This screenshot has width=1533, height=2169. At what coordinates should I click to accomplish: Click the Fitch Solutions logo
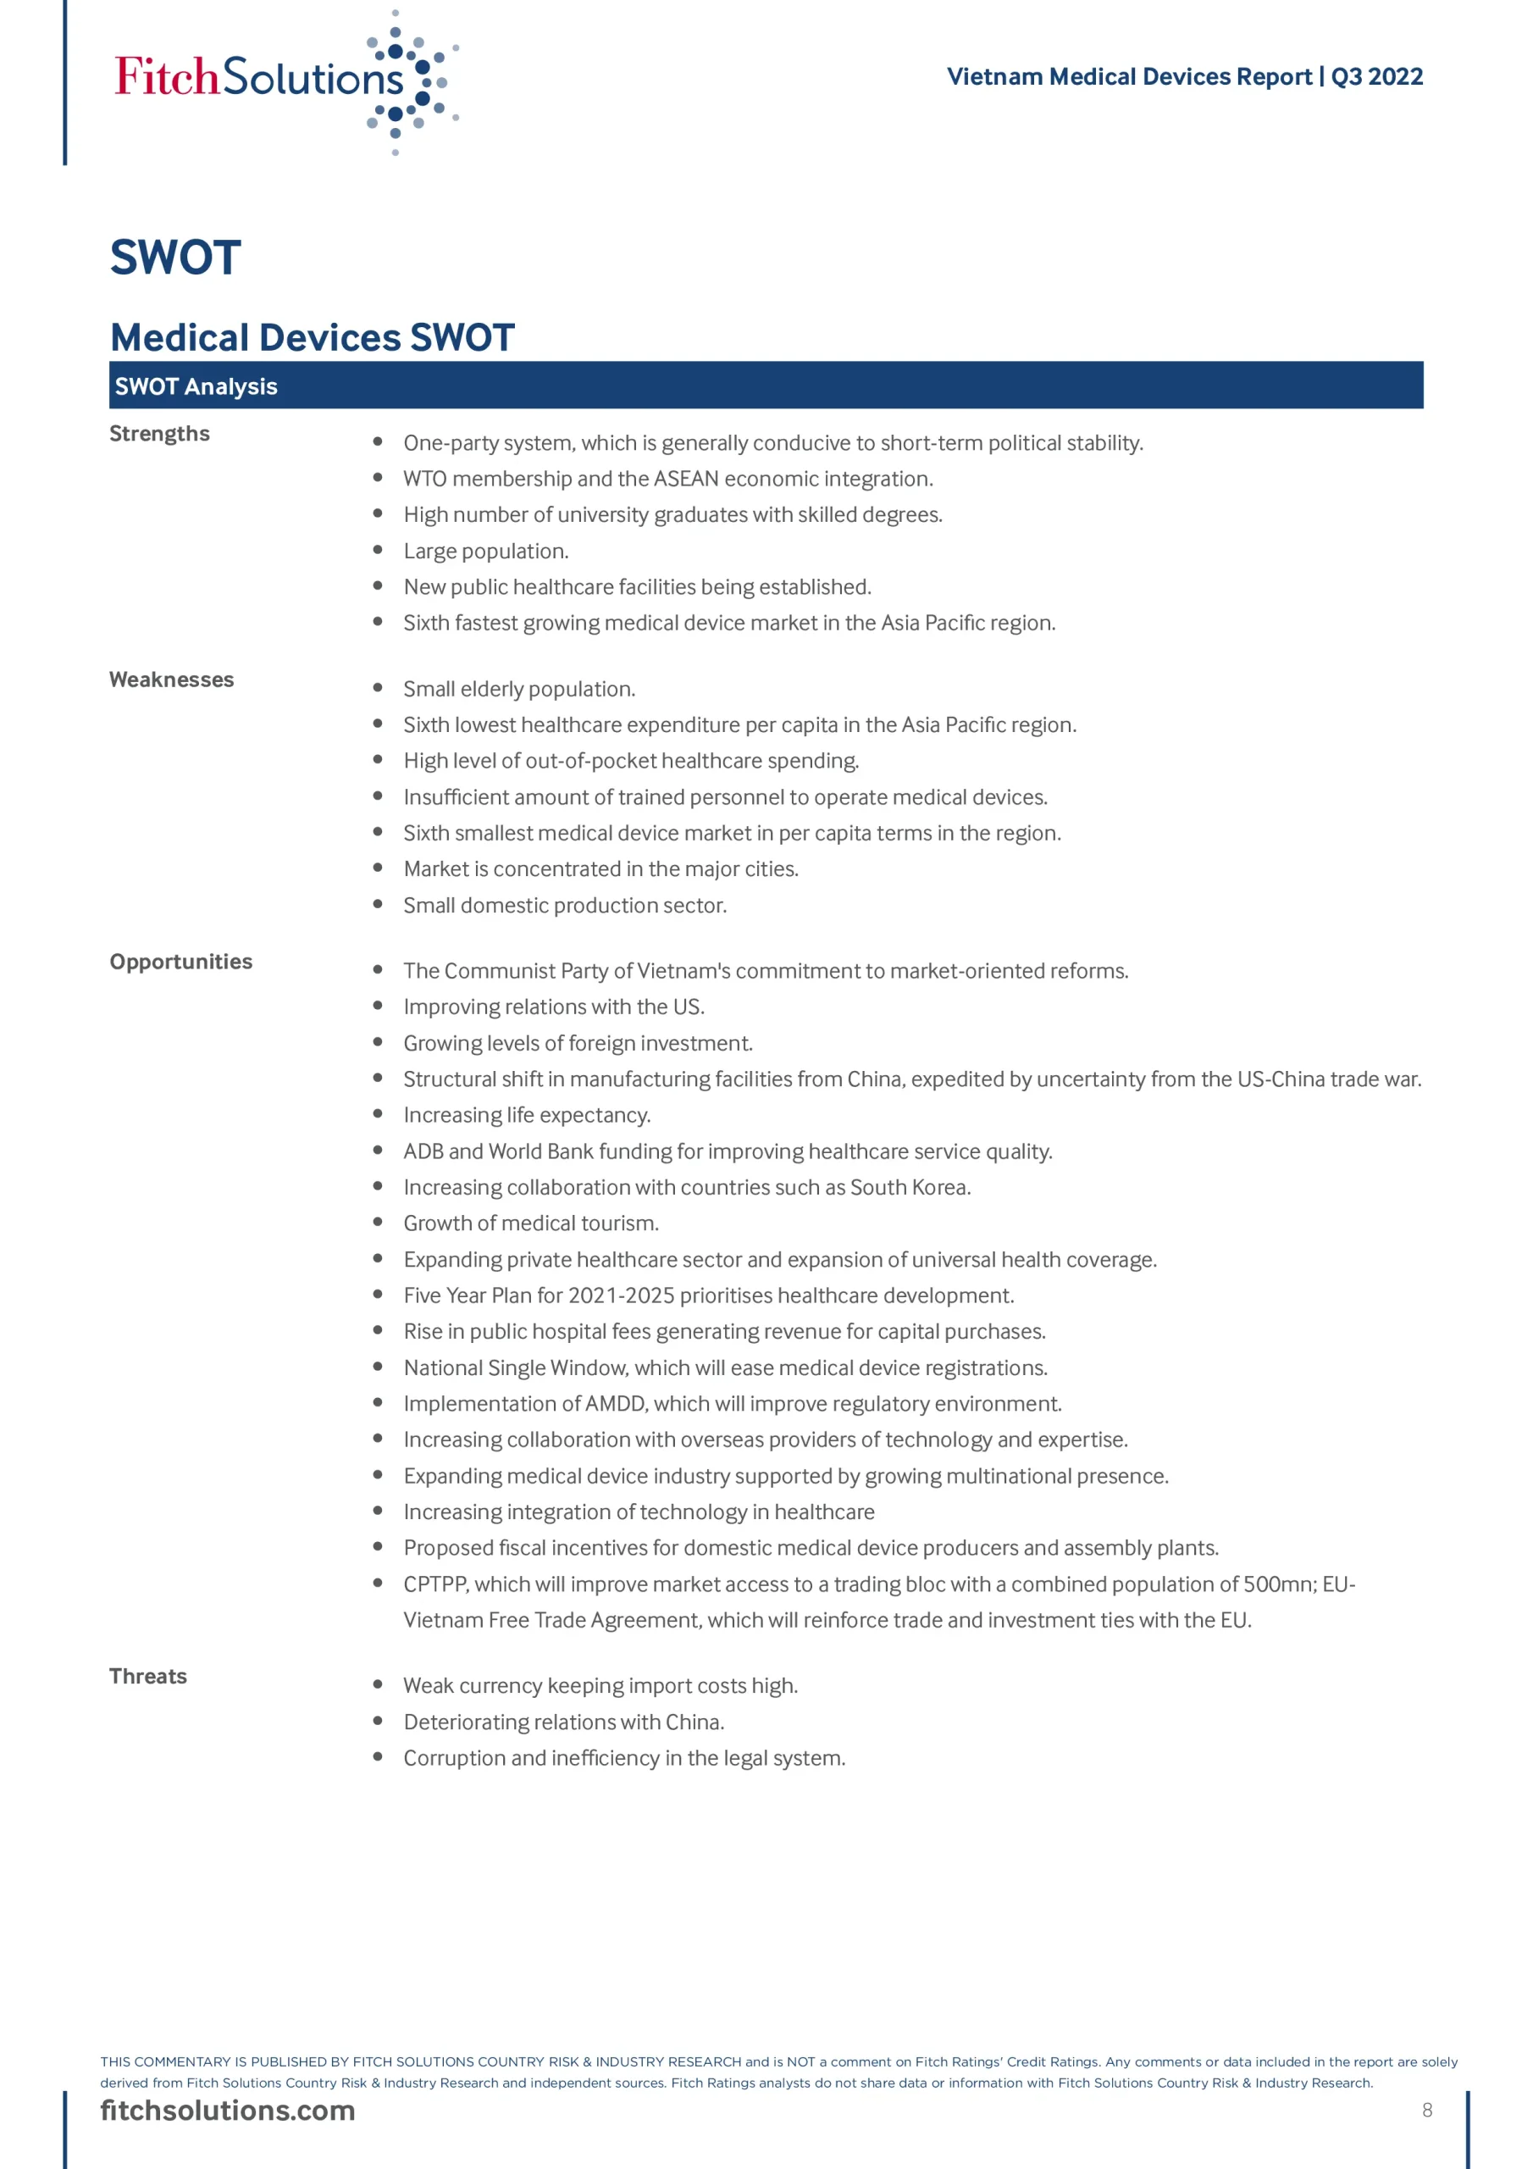pos(284,80)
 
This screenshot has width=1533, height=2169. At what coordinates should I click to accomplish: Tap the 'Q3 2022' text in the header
pos(1376,76)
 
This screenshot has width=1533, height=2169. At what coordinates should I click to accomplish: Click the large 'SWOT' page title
pos(175,258)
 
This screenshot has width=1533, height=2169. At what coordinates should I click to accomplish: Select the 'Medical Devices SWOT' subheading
pos(313,337)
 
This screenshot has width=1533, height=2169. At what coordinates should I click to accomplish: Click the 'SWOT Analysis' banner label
pos(196,386)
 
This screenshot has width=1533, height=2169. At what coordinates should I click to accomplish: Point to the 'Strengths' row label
pos(159,434)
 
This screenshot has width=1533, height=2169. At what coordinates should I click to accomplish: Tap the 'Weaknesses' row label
pos(171,680)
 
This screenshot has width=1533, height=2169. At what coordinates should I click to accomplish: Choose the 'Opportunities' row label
pos(180,961)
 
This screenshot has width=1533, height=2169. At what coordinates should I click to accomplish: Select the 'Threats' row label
pos(148,1676)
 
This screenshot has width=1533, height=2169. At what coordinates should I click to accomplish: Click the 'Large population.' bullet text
pos(485,551)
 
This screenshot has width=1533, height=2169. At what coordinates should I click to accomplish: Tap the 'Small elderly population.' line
pos(518,689)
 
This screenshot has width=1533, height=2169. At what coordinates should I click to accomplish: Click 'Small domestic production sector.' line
pos(565,905)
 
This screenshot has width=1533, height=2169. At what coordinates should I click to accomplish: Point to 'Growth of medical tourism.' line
pos(531,1223)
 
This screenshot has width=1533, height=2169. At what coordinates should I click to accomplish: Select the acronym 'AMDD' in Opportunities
pos(615,1404)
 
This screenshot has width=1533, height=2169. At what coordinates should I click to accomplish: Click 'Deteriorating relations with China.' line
pos(564,1722)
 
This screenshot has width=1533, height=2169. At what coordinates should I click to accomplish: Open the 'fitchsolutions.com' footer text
pos(228,2111)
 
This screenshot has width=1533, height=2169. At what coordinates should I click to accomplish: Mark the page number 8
pos(1426,2111)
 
